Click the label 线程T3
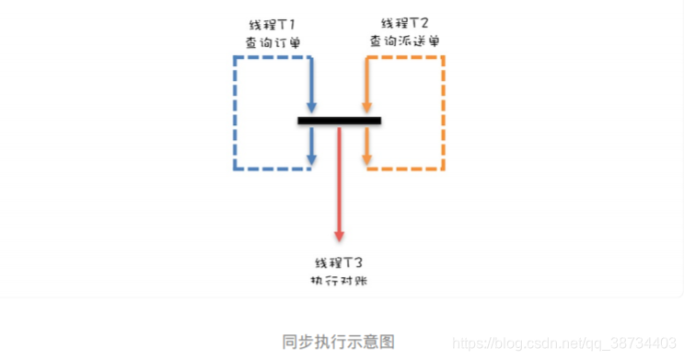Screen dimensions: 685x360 click(340, 261)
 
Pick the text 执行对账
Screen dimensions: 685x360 click(340, 280)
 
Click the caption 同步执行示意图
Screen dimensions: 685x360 click(339, 342)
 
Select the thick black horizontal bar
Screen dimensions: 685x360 click(340, 121)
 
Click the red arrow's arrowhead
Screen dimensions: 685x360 click(340, 235)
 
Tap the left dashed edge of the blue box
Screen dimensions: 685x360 click(236, 112)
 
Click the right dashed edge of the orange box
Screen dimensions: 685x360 click(445, 112)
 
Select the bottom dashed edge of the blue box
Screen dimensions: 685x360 click(273, 168)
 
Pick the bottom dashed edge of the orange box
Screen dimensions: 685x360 click(407, 168)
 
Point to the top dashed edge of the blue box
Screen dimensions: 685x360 click(273, 57)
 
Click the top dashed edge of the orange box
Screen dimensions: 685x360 click(407, 57)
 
